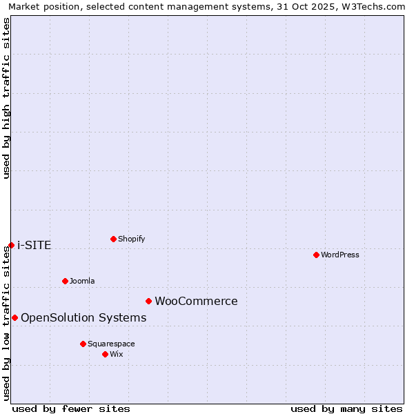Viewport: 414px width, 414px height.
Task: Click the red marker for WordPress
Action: (x=316, y=255)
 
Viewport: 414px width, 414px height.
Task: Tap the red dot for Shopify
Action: (x=113, y=239)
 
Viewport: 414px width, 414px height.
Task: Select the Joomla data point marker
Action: (x=65, y=281)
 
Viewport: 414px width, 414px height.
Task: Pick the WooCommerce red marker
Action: (x=148, y=301)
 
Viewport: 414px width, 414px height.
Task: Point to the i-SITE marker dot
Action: (x=11, y=245)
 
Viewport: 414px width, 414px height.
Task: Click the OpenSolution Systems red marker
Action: (x=14, y=317)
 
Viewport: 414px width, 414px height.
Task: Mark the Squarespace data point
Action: (x=83, y=344)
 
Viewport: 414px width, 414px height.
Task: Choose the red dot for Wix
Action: (x=105, y=354)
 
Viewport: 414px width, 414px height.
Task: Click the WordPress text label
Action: (x=340, y=255)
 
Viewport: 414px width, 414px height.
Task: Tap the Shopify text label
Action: (x=131, y=239)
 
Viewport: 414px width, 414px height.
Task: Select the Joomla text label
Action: (x=82, y=281)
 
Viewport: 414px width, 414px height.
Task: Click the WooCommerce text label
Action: (x=196, y=301)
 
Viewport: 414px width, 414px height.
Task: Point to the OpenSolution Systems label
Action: (x=83, y=317)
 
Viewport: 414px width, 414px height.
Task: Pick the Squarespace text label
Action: (x=111, y=344)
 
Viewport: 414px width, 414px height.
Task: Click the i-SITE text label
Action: (x=34, y=245)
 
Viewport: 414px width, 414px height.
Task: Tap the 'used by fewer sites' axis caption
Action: (x=71, y=408)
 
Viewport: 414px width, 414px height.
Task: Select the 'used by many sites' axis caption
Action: (x=346, y=408)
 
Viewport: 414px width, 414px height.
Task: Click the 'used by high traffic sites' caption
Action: (x=6, y=98)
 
